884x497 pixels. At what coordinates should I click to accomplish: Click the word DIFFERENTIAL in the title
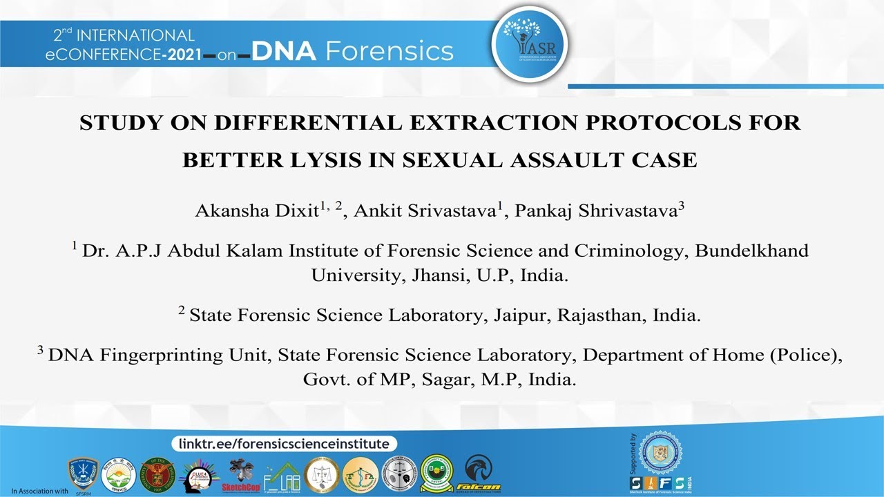[294, 123]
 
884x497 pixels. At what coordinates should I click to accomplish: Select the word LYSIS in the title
[325, 160]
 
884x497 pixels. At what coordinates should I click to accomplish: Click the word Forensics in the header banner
[390, 51]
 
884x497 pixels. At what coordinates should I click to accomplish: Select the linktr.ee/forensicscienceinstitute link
[284, 444]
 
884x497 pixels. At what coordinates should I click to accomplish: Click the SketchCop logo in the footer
[240, 476]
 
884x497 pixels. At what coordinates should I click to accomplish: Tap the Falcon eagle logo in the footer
[479, 474]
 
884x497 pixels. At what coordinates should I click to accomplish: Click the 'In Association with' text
[39, 491]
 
